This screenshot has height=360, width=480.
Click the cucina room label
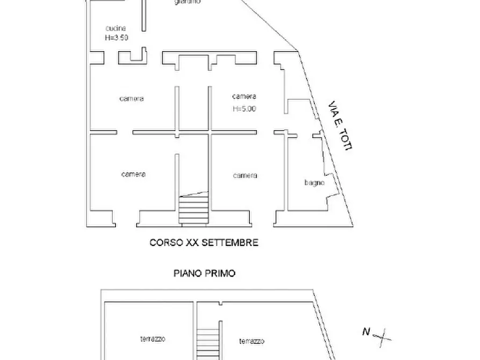[x=116, y=28]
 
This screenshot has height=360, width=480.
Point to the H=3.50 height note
[x=116, y=38]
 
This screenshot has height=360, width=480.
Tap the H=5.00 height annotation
[x=244, y=109]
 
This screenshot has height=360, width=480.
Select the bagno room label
[x=314, y=183]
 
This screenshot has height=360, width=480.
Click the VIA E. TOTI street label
[x=340, y=126]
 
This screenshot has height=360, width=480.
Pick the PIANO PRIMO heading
[x=204, y=273]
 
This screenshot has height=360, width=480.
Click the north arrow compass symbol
[x=382, y=337]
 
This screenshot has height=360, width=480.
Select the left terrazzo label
[x=153, y=339]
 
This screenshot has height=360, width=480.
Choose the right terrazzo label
[x=252, y=341]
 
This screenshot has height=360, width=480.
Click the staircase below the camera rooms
[x=194, y=210]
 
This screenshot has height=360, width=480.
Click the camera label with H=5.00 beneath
[x=244, y=97]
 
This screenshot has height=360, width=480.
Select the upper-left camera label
[x=132, y=99]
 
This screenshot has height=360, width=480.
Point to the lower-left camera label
[x=133, y=174]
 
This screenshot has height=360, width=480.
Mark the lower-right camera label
[x=245, y=176]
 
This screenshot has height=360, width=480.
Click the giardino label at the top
[x=188, y=2]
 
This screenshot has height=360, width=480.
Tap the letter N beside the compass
[x=366, y=332]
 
